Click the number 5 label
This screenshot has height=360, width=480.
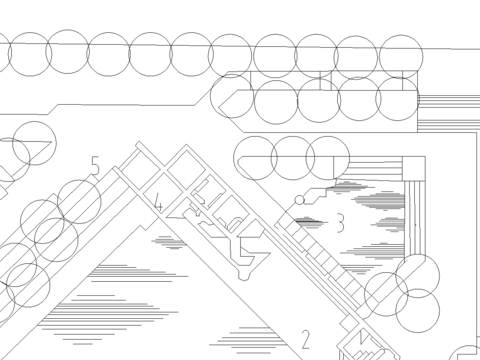coord(96,166)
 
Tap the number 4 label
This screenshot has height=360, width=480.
coord(159,203)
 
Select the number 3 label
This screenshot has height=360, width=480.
coord(340,223)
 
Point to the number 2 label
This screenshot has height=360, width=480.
coord(306,339)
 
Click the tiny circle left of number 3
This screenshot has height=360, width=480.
coord(300,200)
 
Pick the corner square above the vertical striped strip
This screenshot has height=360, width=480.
coord(414,168)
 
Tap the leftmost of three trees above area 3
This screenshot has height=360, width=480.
coord(255,158)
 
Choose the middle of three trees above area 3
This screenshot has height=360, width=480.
coord(293,158)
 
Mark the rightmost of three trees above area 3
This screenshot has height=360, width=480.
coord(328,158)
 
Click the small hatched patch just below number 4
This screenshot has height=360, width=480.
coord(170,242)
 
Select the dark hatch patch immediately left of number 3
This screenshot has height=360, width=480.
coord(309,222)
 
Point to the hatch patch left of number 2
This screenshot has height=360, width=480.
coord(248,340)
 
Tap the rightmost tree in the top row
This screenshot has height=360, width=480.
coord(401,57)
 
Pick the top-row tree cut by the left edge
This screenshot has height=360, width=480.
coord(3,53)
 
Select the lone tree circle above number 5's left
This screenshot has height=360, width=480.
coord(34,143)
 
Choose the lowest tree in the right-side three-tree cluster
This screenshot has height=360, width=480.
coord(417,311)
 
